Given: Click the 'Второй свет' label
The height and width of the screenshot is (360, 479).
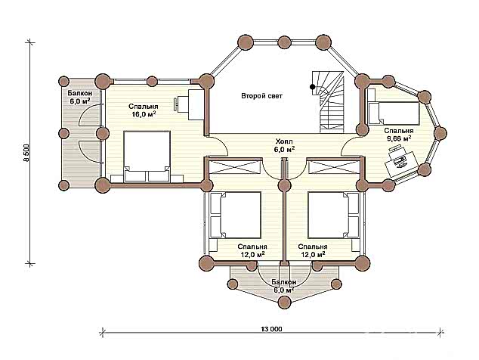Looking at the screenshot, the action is coord(262,96).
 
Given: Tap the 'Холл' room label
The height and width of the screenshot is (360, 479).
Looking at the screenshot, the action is coord(284,141).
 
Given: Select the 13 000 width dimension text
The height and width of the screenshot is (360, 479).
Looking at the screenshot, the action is coord(271,330).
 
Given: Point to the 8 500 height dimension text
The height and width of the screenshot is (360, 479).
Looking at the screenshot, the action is coord(27,153).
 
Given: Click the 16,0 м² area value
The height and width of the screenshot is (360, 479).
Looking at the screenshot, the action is coord(144,114).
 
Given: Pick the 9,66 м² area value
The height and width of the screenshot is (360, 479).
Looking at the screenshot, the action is coord(399,138).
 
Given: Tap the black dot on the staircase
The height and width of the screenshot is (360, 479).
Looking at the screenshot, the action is coord(312,87).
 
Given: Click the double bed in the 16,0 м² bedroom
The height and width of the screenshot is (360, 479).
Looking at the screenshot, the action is coord(147,157).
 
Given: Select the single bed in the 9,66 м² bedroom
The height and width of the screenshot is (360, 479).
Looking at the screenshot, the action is coord(394,113).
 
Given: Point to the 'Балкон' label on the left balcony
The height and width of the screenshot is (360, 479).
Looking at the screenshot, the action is coord(80,93).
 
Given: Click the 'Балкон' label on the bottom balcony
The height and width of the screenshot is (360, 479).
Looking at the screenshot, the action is coord(284,282).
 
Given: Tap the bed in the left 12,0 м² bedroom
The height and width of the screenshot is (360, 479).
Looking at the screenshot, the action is coord(236,215).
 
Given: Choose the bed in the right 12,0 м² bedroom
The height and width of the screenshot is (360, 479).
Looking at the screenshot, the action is coord(333,215).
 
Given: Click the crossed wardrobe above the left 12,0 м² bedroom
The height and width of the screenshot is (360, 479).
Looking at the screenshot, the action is coord(236,167).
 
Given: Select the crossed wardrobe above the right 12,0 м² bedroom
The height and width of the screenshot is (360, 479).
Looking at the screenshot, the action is coord(334,167).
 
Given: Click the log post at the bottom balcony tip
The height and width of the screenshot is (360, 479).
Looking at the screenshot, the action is coord(285,303).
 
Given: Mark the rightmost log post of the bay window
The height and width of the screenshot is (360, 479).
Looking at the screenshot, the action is coord(440,133).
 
